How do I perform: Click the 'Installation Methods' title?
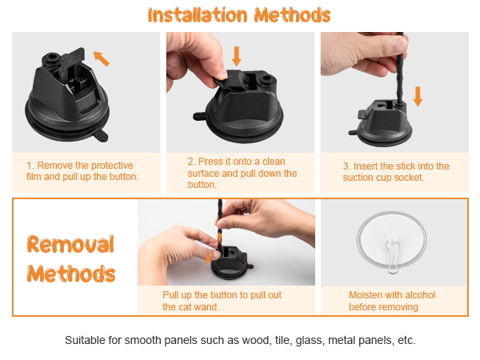click(239, 15)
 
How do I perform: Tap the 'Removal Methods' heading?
click(71, 258)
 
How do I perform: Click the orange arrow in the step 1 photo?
click(102, 58)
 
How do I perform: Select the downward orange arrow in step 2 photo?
click(236, 56)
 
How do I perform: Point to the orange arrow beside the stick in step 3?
click(418, 97)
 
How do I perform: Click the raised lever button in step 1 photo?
click(72, 60)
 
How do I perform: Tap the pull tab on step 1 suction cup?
click(100, 136)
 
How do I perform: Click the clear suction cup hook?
click(392, 242)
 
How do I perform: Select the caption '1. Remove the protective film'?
click(82, 171)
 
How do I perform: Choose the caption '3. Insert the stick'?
click(396, 172)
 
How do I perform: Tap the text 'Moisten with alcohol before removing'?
click(392, 301)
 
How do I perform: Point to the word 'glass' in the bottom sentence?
click(309, 341)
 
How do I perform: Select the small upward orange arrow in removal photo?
click(219, 238)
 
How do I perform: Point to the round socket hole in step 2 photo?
click(265, 80)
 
